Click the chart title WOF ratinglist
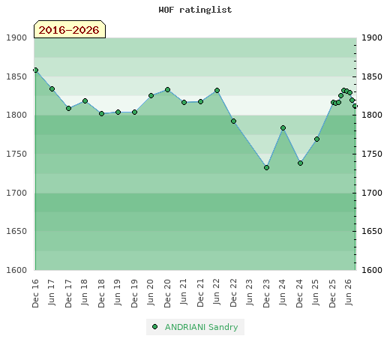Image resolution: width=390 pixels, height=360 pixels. (195, 10)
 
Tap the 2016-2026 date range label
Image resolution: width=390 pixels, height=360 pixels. (69, 30)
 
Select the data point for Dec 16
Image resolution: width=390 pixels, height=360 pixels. (36, 70)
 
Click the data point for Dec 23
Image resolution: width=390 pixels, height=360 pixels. (266, 168)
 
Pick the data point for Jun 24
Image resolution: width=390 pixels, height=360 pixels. (283, 128)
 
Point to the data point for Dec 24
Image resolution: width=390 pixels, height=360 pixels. (300, 163)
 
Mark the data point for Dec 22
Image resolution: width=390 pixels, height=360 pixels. (233, 121)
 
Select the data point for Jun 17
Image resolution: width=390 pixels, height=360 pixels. (52, 89)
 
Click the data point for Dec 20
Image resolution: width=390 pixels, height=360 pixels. (167, 90)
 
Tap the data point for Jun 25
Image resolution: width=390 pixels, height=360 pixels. (316, 139)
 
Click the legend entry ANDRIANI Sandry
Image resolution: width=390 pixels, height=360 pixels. (201, 327)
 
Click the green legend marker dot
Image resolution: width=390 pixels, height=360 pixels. (154, 327)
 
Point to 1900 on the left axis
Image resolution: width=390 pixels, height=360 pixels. (16, 38)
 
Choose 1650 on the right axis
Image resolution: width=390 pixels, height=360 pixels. (372, 231)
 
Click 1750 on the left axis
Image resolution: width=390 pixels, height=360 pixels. (16, 154)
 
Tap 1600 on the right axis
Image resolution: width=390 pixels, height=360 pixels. (372, 270)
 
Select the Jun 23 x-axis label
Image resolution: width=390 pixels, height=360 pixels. (250, 292)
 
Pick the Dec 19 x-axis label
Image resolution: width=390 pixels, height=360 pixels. (134, 293)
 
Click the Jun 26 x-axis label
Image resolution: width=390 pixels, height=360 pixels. (349, 292)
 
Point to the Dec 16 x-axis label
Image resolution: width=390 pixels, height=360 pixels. (35, 293)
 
